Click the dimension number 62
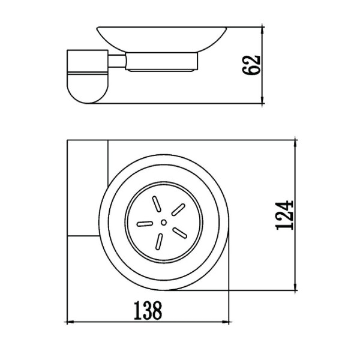click(x=251, y=65)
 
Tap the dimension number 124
click(x=284, y=215)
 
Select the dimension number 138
click(x=148, y=311)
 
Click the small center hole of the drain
click(x=164, y=222)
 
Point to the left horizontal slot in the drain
click(x=145, y=224)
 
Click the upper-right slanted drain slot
click(x=178, y=209)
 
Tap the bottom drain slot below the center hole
click(x=159, y=242)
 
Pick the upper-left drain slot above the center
click(x=156, y=204)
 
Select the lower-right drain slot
click(x=180, y=233)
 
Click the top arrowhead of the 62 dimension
click(x=263, y=31)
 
